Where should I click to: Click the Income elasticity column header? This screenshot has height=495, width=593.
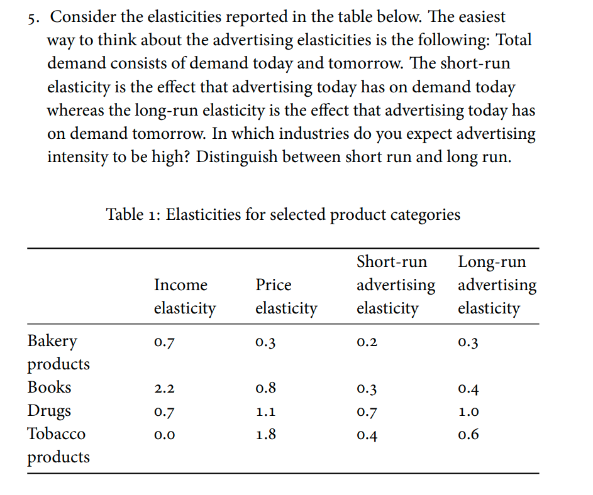pyautogui.click(x=184, y=296)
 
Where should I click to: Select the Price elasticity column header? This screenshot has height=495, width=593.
pyautogui.click(x=285, y=296)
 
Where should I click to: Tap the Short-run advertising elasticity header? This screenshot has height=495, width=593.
pyautogui.click(x=395, y=285)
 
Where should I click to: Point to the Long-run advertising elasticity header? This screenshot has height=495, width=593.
pyautogui.click(x=497, y=285)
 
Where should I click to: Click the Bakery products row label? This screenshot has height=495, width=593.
pyautogui.click(x=58, y=352)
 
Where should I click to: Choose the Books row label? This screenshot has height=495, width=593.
pyautogui.click(x=49, y=388)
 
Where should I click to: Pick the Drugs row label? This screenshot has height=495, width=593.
pyautogui.click(x=49, y=411)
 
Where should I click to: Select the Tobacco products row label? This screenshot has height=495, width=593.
pyautogui.click(x=58, y=445)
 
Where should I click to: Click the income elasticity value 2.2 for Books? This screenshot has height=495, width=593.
pyautogui.click(x=164, y=389)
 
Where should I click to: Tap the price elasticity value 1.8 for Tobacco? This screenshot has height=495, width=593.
pyautogui.click(x=265, y=435)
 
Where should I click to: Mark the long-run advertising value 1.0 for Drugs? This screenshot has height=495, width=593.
pyautogui.click(x=468, y=412)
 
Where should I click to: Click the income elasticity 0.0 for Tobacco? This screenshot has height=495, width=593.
pyautogui.click(x=164, y=435)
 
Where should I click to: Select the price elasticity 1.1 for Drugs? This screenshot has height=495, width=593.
pyautogui.click(x=265, y=412)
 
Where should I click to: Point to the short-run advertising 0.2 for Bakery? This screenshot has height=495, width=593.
pyautogui.click(x=367, y=343)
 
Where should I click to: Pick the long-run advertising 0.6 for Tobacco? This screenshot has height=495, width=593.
pyautogui.click(x=468, y=435)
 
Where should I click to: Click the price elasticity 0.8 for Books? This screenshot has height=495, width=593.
pyautogui.click(x=265, y=389)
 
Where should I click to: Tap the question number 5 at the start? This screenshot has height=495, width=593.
pyautogui.click(x=33, y=18)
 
